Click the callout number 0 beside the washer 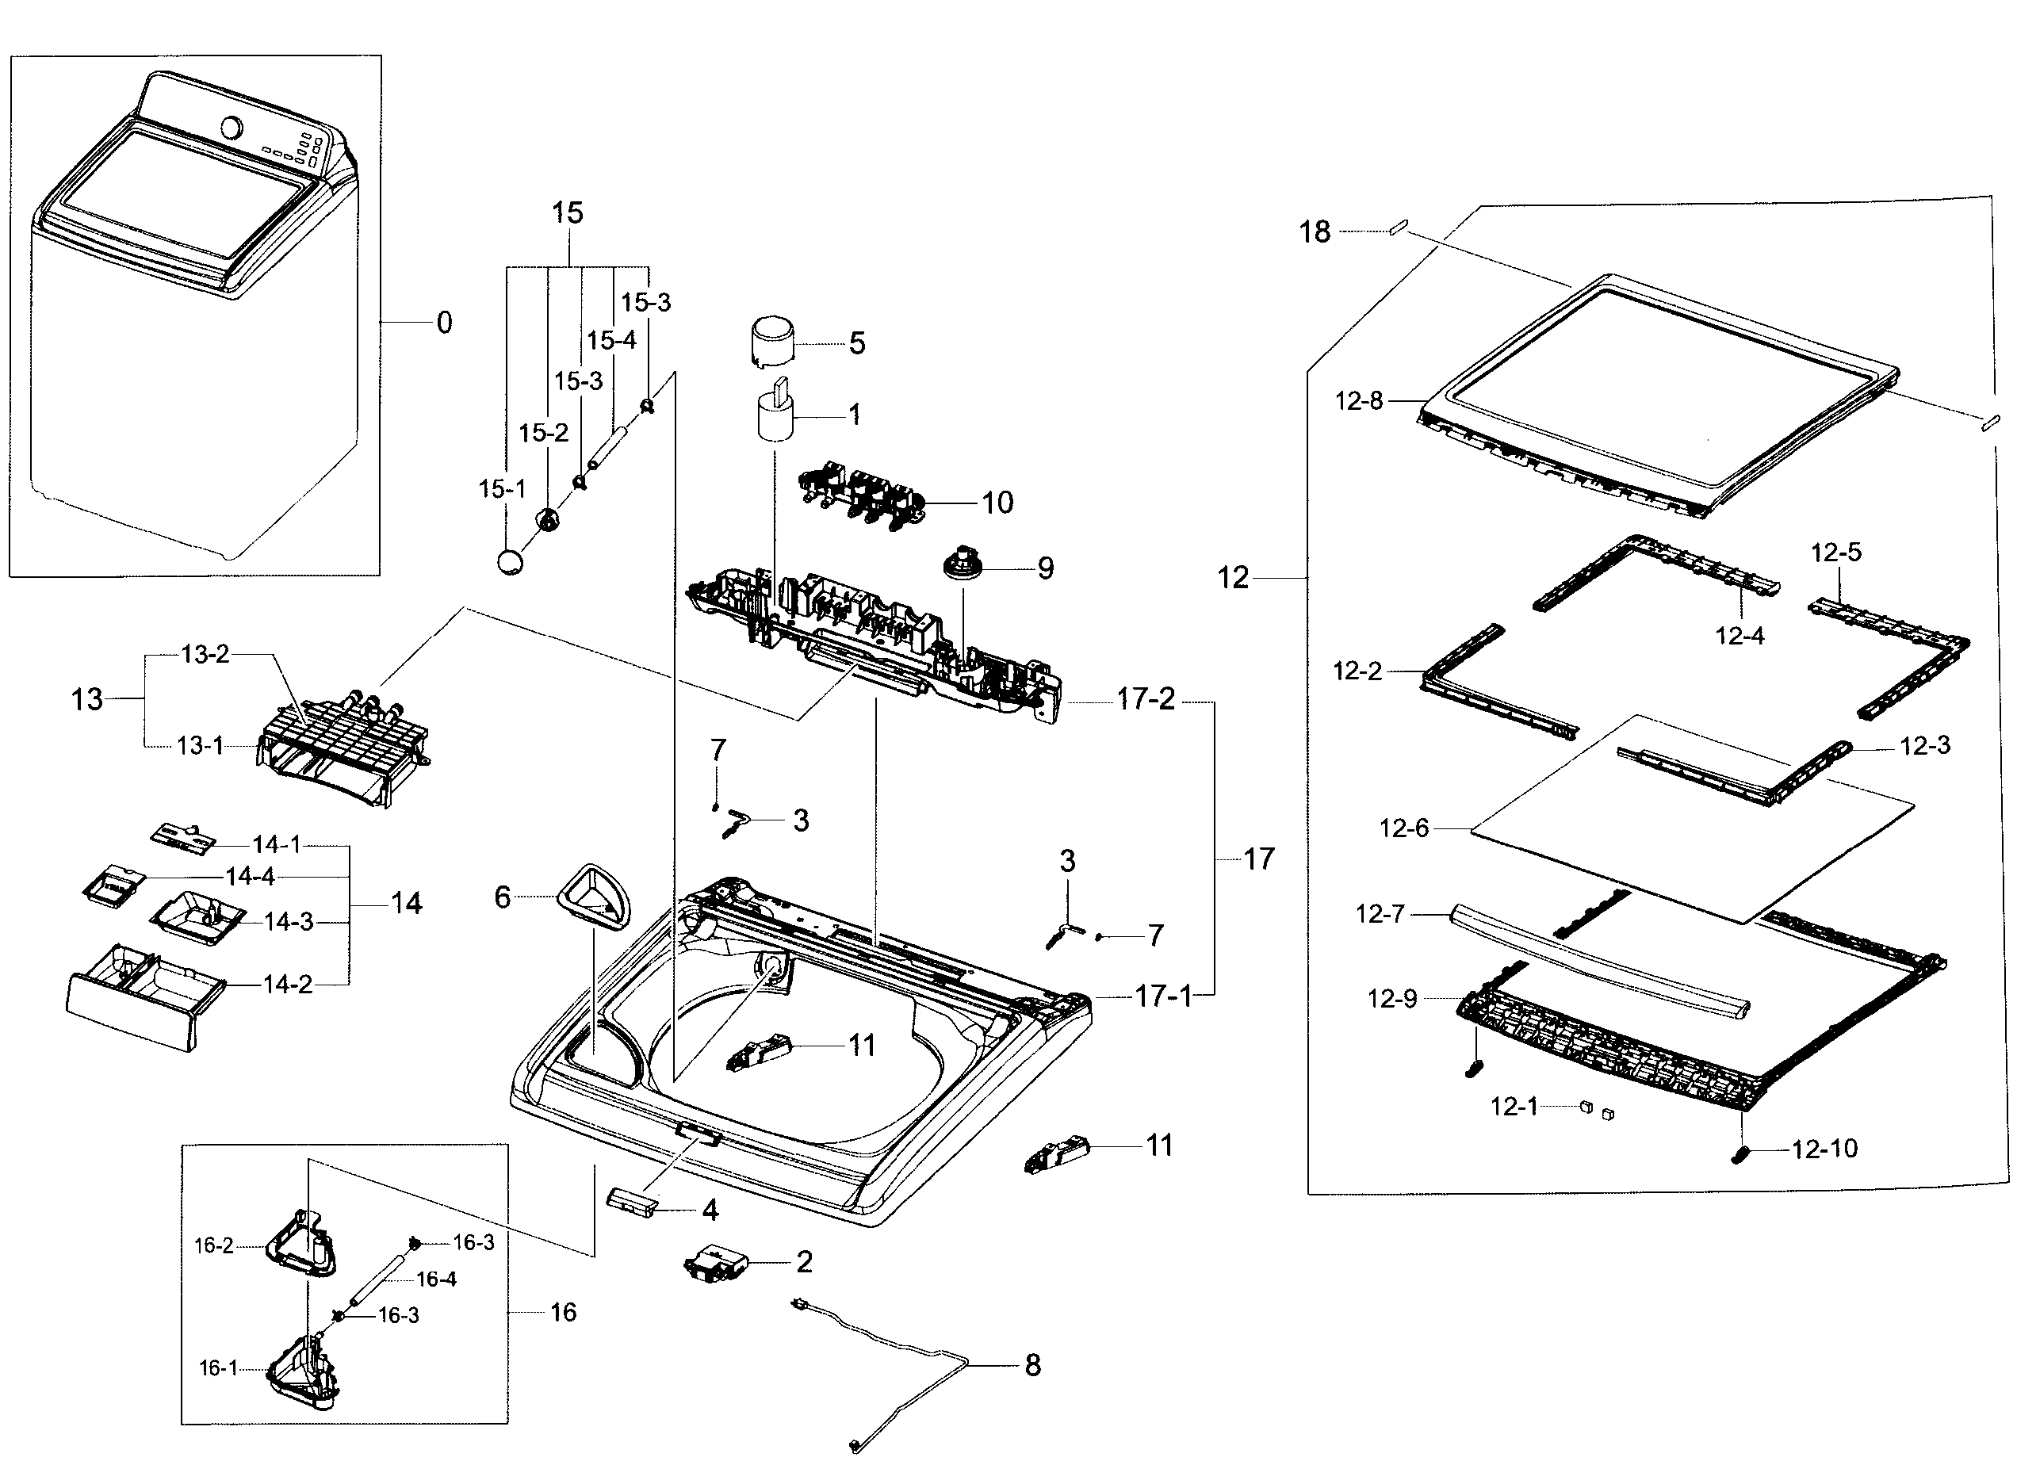(x=444, y=323)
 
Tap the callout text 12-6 (x=1403, y=828)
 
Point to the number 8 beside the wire (x=1033, y=1365)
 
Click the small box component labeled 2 (x=716, y=1262)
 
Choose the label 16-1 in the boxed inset (x=218, y=1368)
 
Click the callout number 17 (x=1259, y=859)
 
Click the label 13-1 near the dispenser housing (x=201, y=746)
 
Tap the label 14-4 (x=250, y=876)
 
